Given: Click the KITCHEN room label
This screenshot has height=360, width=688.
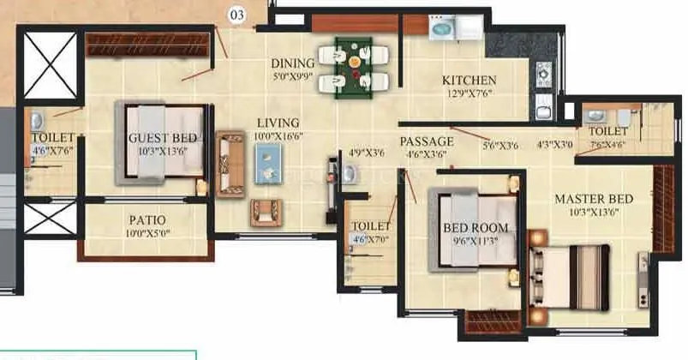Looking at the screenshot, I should [469, 81].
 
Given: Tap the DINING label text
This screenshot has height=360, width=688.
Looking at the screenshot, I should [293, 63].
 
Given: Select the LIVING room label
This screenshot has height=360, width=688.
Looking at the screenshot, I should [278, 123].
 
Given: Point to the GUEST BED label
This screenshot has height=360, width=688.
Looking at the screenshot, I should [163, 138].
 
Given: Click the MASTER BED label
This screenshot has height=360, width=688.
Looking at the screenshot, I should [593, 199].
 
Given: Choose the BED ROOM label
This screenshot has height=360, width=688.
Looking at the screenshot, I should [475, 228].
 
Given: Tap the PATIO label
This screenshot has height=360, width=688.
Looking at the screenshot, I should [147, 220].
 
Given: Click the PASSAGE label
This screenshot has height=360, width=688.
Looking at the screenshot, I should [427, 141].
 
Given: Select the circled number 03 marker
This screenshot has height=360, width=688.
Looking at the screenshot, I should [238, 14].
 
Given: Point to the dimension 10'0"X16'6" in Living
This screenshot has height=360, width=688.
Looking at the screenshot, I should [279, 136].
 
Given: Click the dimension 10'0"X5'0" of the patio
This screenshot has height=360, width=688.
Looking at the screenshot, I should [147, 234].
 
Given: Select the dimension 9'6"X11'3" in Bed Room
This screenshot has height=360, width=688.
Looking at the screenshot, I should [475, 241].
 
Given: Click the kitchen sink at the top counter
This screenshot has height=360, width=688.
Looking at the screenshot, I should [442, 27].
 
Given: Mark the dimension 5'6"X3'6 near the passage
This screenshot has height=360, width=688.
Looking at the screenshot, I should [500, 146].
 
